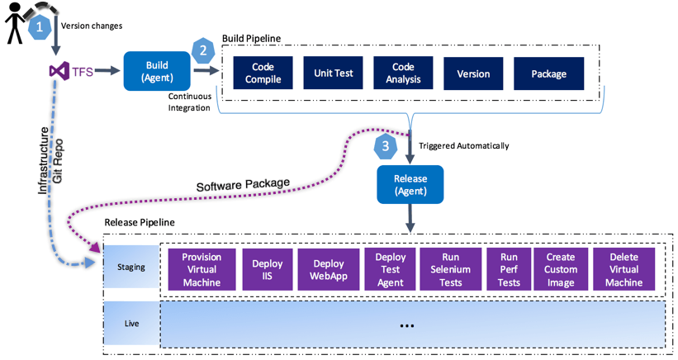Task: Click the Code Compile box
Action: click(x=263, y=73)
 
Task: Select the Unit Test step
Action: click(x=334, y=73)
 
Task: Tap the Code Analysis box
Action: click(x=405, y=73)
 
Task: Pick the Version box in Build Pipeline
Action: click(x=473, y=73)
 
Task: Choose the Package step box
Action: click(x=548, y=73)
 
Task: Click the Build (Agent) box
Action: click(x=157, y=71)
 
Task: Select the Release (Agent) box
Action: click(x=410, y=184)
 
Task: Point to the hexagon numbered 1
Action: click(x=39, y=26)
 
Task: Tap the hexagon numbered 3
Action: click(x=385, y=147)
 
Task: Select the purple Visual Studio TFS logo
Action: click(x=59, y=72)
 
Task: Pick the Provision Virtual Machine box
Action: click(x=202, y=270)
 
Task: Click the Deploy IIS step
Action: click(x=268, y=270)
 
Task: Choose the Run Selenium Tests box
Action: click(x=450, y=270)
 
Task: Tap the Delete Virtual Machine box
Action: click(x=623, y=270)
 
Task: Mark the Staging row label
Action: click(x=130, y=267)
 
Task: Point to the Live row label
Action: click(x=130, y=323)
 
